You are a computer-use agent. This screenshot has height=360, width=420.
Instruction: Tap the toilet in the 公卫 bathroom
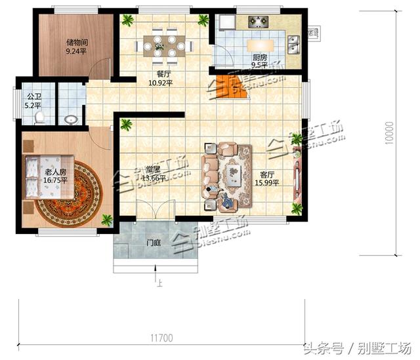[39, 117]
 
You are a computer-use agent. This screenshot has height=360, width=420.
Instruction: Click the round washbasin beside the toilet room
[71, 119]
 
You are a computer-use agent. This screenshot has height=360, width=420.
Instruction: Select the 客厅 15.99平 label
[266, 179]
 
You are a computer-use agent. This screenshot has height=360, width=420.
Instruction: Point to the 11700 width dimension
[161, 338]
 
